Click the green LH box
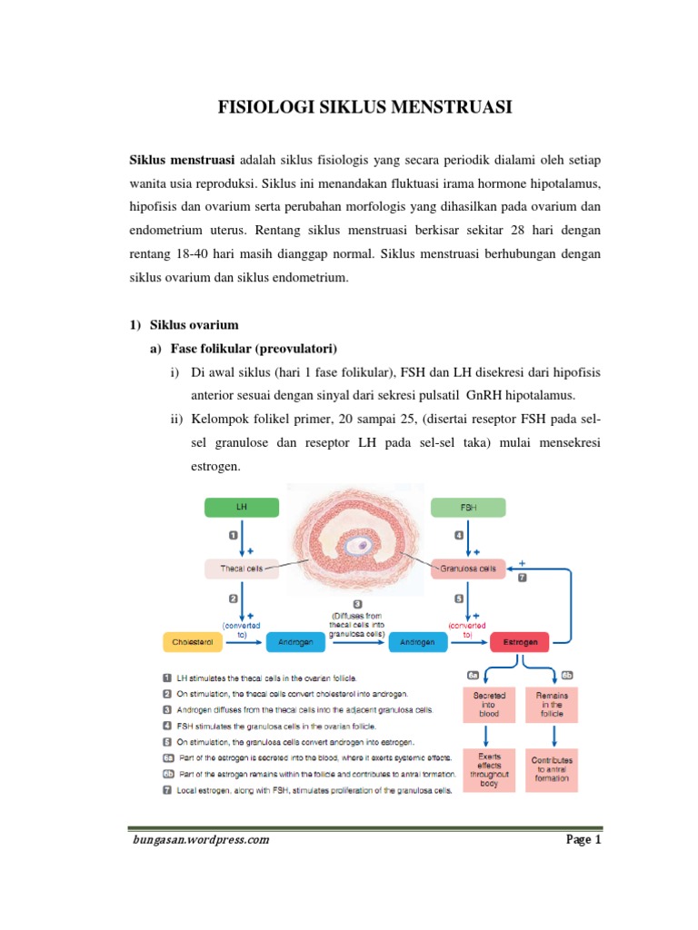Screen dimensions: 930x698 (x=241, y=508)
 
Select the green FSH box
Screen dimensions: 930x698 (x=467, y=508)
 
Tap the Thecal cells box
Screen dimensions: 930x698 (x=241, y=569)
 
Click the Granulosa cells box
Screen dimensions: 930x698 (x=467, y=569)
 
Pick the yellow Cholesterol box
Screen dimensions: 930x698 (x=192, y=642)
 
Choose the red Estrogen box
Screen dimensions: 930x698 (x=521, y=642)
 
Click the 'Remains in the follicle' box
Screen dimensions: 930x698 (x=551, y=704)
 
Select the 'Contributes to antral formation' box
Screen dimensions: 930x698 (x=551, y=768)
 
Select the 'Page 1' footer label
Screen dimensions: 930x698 (x=583, y=839)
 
